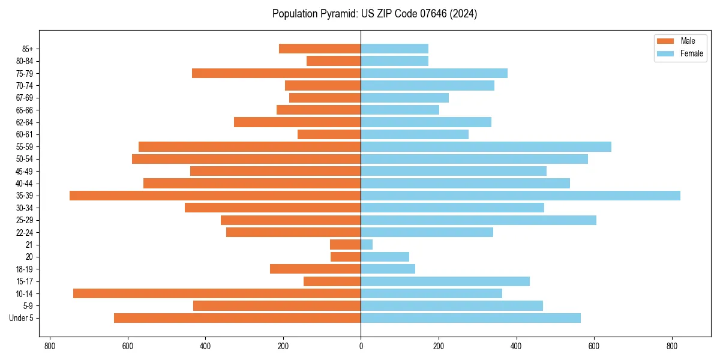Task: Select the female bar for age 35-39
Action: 520,196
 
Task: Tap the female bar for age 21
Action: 367,244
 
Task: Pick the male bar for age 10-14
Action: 217,293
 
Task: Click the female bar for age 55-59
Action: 486,146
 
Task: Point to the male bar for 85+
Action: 320,49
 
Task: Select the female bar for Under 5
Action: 470,318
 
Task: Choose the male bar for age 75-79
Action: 276,73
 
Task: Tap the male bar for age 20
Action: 346,257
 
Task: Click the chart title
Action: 374,14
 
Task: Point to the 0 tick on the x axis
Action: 361,346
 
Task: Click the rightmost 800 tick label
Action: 672,346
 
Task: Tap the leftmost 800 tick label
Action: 50,346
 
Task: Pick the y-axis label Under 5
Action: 21,318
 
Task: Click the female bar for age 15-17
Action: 445,281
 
